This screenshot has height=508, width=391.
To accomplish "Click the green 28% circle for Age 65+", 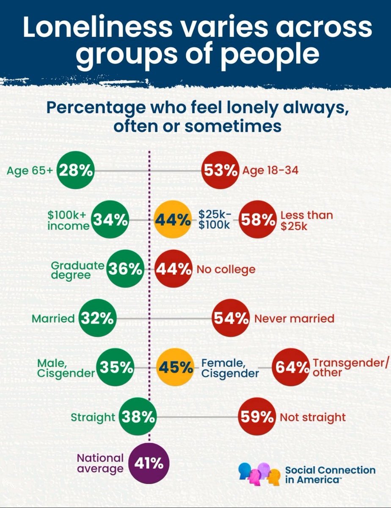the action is point(76,170).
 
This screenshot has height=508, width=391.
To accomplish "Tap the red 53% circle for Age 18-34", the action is point(221,170).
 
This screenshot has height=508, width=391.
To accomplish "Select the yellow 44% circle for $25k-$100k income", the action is point(173,220).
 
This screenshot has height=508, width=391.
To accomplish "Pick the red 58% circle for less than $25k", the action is point(258,220).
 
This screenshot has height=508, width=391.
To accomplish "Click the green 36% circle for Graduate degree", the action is point(125,269).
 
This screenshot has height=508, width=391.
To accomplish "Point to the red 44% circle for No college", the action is point(173,269).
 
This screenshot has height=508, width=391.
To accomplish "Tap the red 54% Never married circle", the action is point(231,318).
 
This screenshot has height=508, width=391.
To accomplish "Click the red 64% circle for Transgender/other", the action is point(291,367).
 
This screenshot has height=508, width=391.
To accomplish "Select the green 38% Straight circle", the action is point(138,417).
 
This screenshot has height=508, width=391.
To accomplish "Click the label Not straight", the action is point(313,417).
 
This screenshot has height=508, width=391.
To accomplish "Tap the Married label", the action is point(53,318).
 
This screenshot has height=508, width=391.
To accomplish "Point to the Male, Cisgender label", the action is point(66,368).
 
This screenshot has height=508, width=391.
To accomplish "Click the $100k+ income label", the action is point(69,220).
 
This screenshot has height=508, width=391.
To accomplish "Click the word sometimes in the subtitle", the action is point(233,126).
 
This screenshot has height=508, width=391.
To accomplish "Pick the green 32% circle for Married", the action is point(98,318).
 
